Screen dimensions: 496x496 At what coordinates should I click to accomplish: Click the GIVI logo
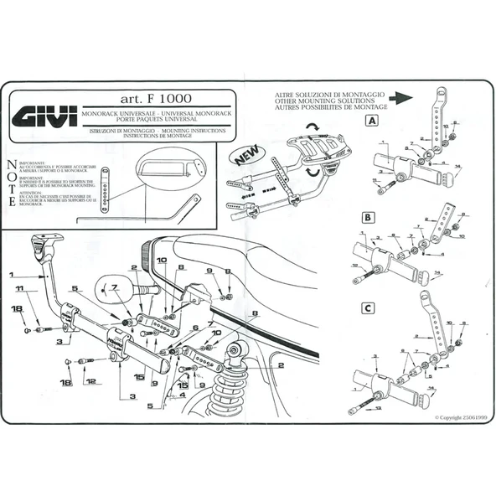[x=47, y=113]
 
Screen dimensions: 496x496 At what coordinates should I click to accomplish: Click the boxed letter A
[x=370, y=121]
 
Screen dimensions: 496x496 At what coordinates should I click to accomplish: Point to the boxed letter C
[x=368, y=307]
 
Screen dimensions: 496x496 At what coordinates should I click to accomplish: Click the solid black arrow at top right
[x=403, y=97]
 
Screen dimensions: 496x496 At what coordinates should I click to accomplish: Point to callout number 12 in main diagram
[x=90, y=381]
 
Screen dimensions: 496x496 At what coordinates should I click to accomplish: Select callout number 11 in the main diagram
[x=19, y=289]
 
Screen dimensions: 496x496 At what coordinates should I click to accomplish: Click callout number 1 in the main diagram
[x=13, y=274]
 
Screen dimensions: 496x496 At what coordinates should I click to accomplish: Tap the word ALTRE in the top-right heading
[x=285, y=96]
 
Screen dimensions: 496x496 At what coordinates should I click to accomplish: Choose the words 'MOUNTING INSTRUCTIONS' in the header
[x=196, y=132]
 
